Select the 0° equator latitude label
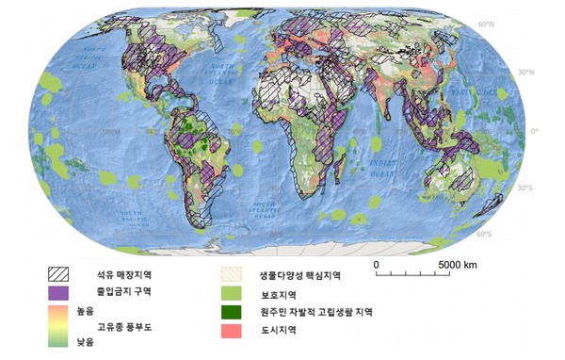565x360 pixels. (546, 130)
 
